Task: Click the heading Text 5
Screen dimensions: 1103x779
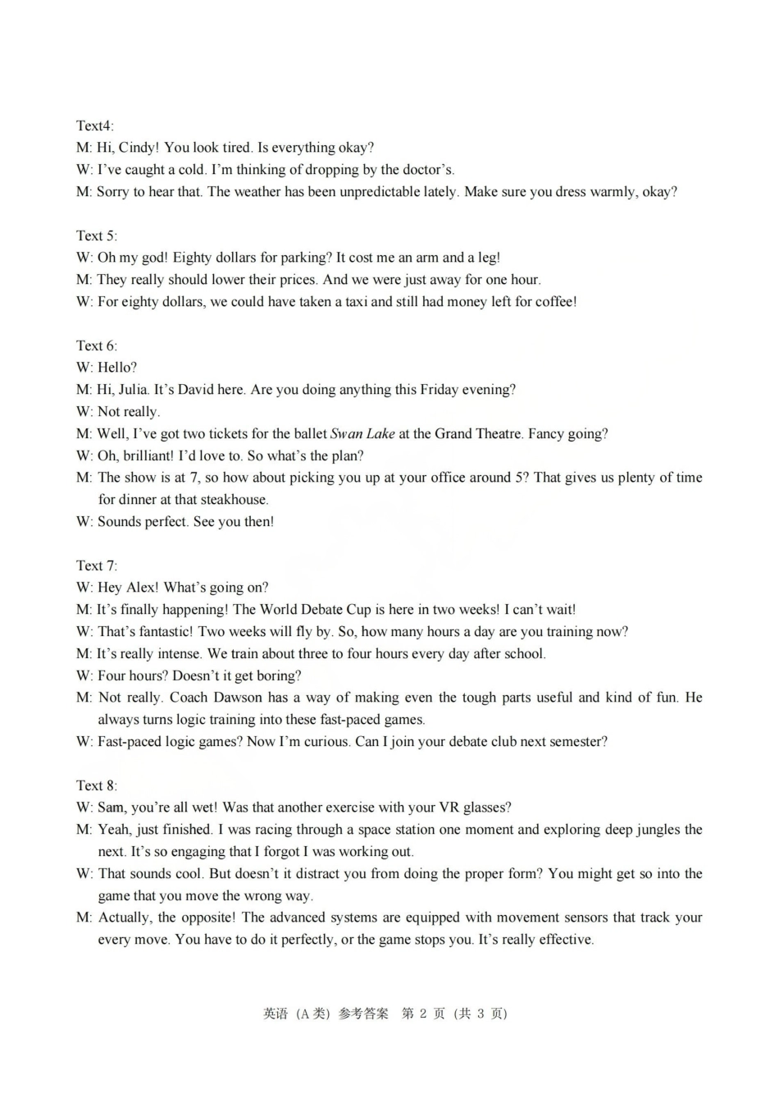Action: point(96,236)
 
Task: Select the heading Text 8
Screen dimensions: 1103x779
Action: point(96,785)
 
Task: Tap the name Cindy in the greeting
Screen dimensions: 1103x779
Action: point(137,148)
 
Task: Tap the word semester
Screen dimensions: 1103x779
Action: point(576,742)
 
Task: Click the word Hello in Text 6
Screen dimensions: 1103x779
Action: point(116,368)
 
